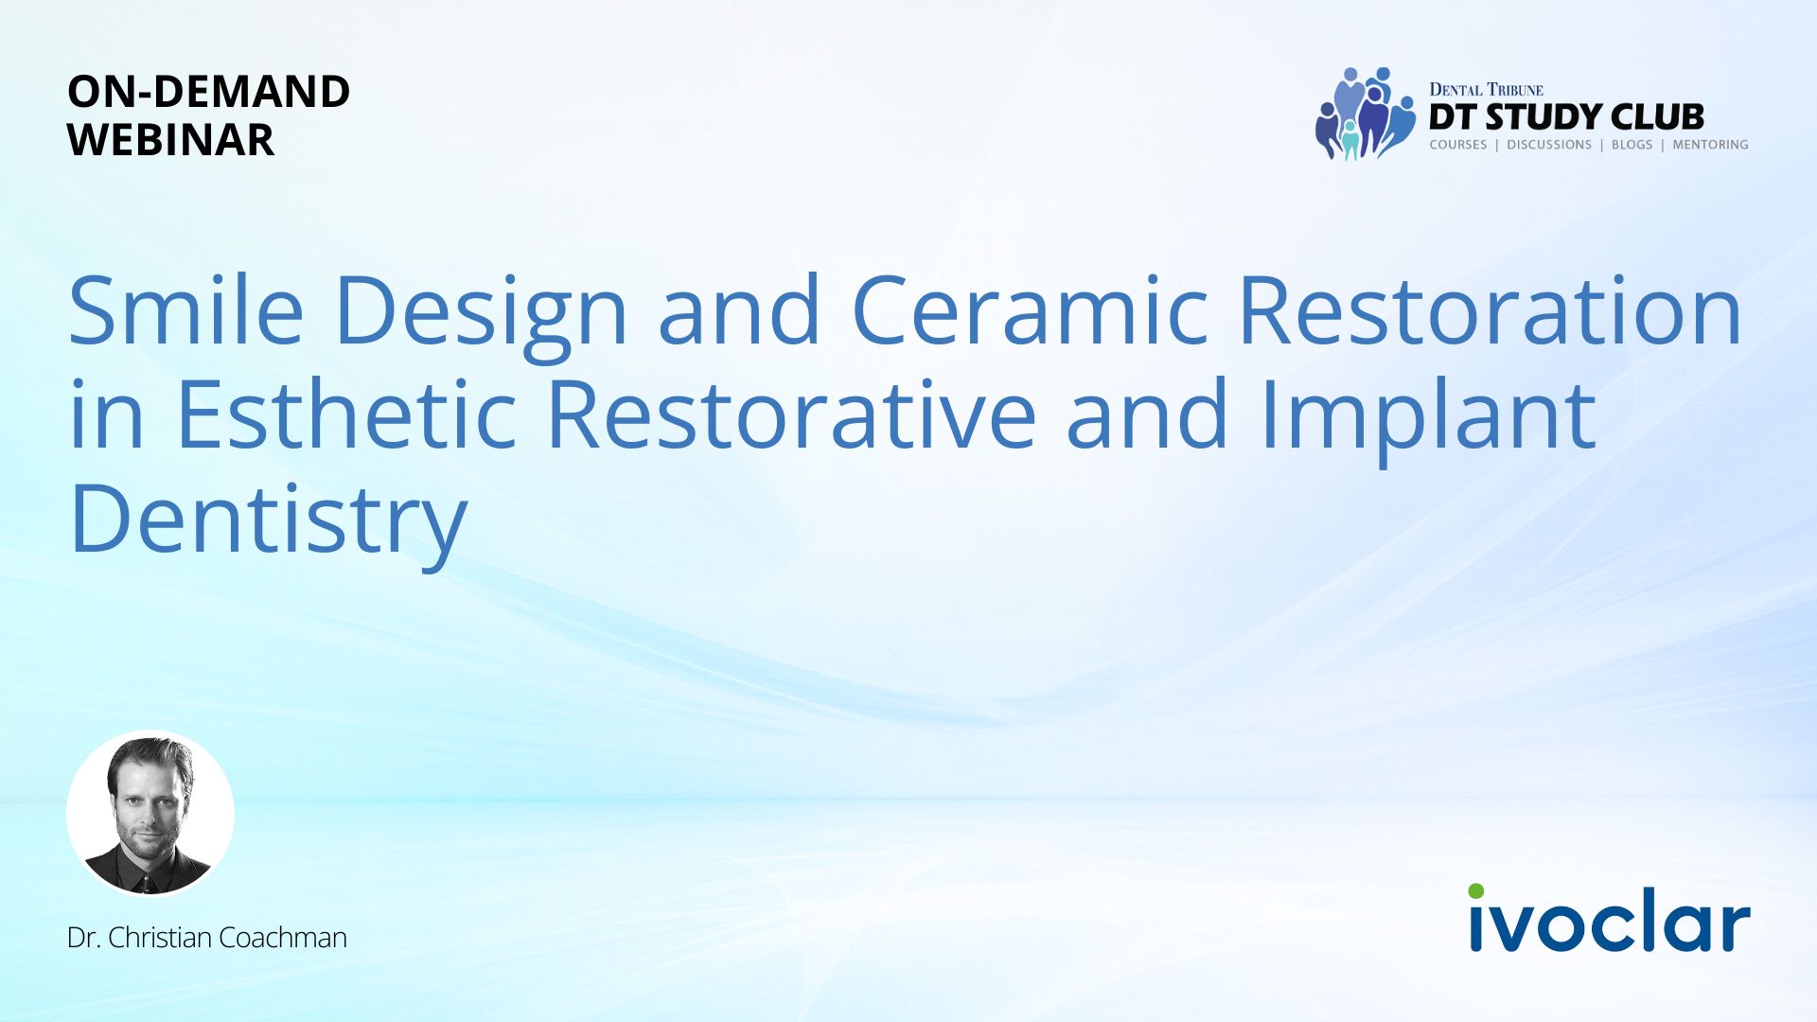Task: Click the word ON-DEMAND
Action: pos(208,92)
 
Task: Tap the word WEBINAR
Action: pos(170,140)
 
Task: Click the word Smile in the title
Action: pos(186,309)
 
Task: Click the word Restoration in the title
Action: pos(1490,309)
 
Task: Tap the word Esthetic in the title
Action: pos(345,414)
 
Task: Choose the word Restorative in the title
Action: pos(791,414)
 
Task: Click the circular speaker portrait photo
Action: pos(150,813)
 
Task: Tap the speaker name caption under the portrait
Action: pos(207,937)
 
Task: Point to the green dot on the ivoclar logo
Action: pos(1476,890)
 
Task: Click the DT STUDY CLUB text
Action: pos(1566,116)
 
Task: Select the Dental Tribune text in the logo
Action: pos(1486,90)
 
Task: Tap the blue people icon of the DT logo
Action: pos(1364,114)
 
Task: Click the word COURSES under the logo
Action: pos(1458,145)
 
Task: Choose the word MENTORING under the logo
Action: pos(1710,145)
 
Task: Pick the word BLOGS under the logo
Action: pos(1632,145)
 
